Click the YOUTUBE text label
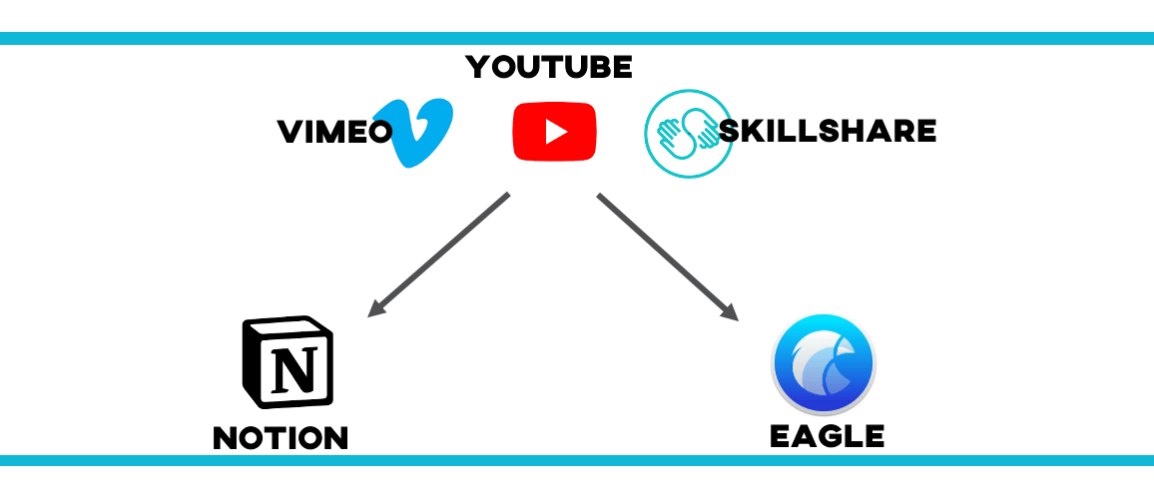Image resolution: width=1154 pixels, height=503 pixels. tap(549, 68)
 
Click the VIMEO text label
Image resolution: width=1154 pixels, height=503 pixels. tap(334, 132)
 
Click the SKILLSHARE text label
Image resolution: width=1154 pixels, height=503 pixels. tap(828, 131)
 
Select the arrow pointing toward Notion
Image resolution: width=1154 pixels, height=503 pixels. tap(439, 255)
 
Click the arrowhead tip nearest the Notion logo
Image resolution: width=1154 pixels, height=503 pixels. tap(370, 315)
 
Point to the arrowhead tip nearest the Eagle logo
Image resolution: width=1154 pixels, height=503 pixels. tap(737, 318)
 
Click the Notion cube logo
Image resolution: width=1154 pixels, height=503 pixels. tap(288, 363)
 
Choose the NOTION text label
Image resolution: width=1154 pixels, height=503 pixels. tap(281, 437)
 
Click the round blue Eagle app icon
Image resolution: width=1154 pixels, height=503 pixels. tap(824, 363)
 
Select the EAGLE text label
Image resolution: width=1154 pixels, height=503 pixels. tap(827, 436)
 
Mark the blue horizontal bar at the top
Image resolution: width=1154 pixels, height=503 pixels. tap(577, 38)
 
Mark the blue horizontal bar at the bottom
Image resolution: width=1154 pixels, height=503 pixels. tap(577, 460)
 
